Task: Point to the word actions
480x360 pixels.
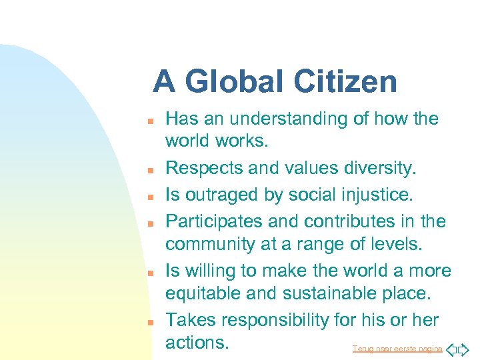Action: tap(197, 343)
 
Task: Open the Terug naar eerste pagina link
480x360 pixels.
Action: tap(397, 349)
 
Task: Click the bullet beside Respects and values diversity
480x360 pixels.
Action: tap(151, 170)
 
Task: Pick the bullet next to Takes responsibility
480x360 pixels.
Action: tap(151, 322)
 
